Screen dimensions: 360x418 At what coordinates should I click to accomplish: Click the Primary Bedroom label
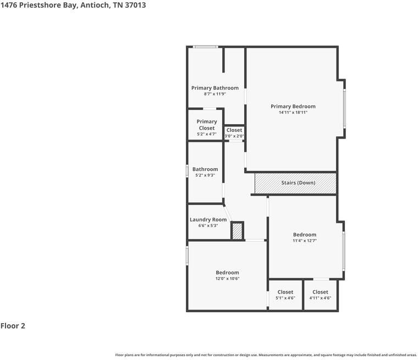[x=293, y=106]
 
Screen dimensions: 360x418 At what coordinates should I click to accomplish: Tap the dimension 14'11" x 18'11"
[x=293, y=113]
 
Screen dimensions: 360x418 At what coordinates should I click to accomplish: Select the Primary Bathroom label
[x=215, y=88]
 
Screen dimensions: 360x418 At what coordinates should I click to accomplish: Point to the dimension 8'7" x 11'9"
[x=215, y=94]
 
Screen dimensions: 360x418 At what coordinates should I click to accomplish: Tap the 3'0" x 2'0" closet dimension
[x=234, y=136]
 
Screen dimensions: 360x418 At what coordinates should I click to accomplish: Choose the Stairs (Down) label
[x=298, y=182]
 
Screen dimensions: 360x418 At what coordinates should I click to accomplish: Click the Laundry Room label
[x=208, y=219]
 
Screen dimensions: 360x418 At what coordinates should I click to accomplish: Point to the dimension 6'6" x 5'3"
[x=208, y=226]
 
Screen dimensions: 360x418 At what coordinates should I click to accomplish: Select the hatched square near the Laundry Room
[x=237, y=231]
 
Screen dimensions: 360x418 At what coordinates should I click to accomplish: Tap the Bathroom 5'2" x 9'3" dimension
[x=205, y=175]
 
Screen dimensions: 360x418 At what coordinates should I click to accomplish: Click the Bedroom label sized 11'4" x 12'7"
[x=304, y=234]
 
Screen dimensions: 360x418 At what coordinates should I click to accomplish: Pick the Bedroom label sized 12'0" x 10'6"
[x=227, y=272]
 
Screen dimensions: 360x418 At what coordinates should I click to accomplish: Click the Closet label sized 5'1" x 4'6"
[x=285, y=292]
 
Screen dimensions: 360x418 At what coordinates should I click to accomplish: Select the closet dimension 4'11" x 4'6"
[x=320, y=298]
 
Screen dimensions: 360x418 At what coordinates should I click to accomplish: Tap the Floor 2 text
[x=13, y=326]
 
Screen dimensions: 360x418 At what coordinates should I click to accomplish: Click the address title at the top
[x=73, y=5]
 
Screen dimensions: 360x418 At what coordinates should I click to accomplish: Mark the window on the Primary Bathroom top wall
[x=205, y=47]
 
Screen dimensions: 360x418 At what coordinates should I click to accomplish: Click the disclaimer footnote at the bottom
[x=266, y=355]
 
